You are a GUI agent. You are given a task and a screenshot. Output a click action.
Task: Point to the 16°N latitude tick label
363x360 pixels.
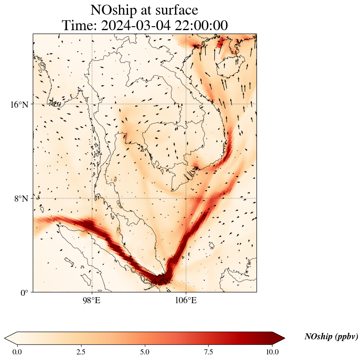coord(19,104)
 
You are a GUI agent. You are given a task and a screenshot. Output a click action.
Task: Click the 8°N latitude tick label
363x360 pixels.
coord(21,199)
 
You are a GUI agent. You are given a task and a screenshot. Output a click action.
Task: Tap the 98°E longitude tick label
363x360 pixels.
coord(92,300)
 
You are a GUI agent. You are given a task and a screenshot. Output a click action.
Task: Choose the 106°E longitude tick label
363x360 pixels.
coord(186,300)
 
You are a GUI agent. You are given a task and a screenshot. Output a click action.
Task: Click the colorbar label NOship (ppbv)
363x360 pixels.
coord(331,337)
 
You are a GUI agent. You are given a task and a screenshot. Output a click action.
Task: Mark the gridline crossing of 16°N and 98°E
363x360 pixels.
coord(92,104)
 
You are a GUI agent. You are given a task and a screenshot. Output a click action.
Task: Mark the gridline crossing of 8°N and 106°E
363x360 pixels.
coord(186,199)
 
